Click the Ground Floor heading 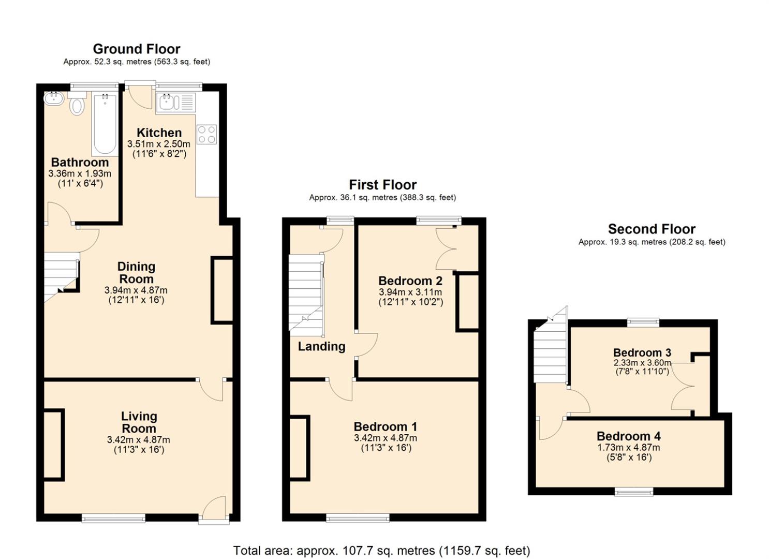137,49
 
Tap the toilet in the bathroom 77,105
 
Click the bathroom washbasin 53,98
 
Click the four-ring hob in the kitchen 206,134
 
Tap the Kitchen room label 159,133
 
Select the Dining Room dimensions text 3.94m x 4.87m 136,290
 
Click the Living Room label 139,422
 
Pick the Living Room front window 114,517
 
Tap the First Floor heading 382,185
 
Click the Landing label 321,346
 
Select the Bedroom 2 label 410,281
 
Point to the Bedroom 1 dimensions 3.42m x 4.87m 386,438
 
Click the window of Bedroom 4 633,492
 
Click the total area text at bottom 381,551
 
